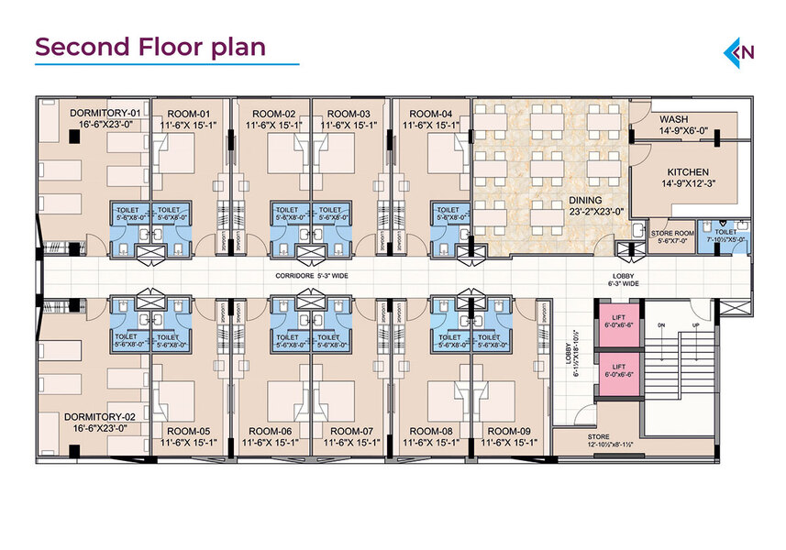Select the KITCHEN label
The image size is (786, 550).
click(x=687, y=171)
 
